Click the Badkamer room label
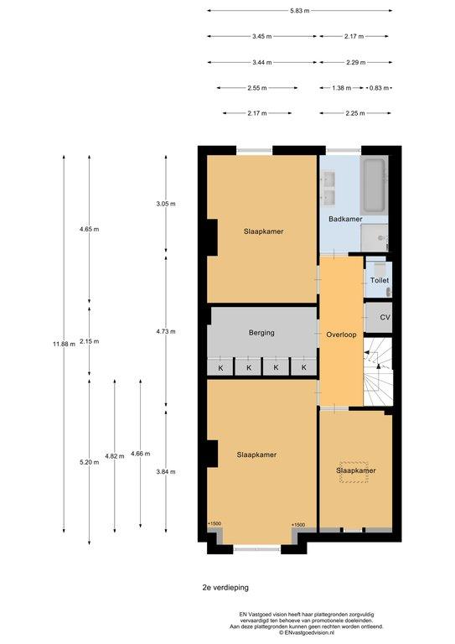tap(345, 219)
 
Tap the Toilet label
tap(380, 280)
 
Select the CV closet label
tap(385, 317)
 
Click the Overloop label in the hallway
tap(341, 335)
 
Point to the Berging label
tap(261, 332)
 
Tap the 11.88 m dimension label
tap(64, 344)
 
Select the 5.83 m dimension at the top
tap(299, 11)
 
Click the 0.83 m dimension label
tap(379, 88)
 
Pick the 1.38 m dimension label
tap(341, 88)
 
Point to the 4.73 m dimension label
tap(166, 331)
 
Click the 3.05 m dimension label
tap(166, 204)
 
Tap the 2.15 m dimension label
tap(90, 341)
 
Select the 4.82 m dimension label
tap(115, 456)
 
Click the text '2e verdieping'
tap(225, 587)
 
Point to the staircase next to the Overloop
tap(378, 371)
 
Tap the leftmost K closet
tap(220, 366)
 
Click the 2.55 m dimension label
tap(257, 88)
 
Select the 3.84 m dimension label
tap(166, 472)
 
